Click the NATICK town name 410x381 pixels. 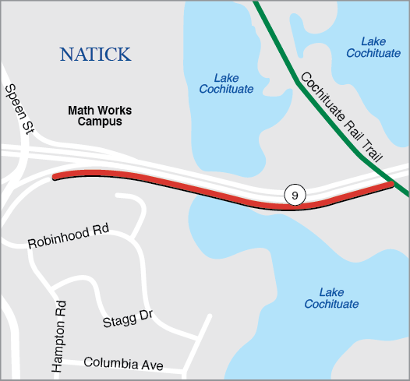[95, 54]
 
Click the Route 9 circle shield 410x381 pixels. [293, 195]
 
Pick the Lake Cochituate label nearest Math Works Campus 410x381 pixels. [226, 83]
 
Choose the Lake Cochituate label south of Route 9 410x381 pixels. [331, 298]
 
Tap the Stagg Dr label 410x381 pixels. [126, 319]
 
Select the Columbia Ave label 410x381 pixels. [122, 363]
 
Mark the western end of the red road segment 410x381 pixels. [55, 177]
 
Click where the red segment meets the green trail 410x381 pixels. [391, 184]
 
